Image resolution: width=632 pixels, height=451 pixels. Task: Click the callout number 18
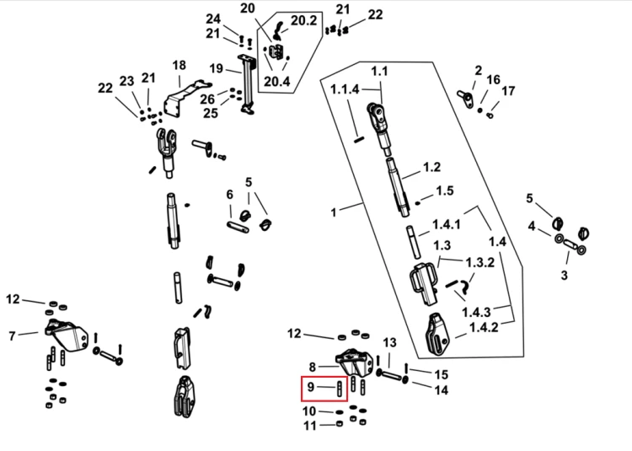(x=179, y=65)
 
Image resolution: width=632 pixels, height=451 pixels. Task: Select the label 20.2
(x=303, y=20)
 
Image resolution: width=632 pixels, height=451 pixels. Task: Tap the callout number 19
(x=216, y=68)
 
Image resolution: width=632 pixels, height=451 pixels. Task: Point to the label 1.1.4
(x=345, y=89)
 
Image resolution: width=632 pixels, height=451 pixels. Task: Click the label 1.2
(x=431, y=167)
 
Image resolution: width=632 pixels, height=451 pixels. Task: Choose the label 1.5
(x=445, y=191)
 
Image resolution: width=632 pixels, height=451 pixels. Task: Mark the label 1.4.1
(x=446, y=224)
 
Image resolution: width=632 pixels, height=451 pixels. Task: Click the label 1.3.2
(x=479, y=262)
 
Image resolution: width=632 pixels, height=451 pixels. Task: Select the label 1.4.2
(x=484, y=327)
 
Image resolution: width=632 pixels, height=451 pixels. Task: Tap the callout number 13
(x=389, y=342)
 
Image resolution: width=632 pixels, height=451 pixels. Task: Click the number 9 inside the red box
(x=310, y=387)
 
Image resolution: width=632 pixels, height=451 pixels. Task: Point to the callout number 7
(x=12, y=336)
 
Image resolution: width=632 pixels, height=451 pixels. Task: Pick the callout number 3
(x=565, y=276)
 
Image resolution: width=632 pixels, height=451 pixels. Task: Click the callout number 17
(x=508, y=91)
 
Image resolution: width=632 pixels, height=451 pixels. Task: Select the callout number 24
(x=213, y=19)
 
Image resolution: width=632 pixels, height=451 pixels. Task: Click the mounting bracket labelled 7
(x=67, y=334)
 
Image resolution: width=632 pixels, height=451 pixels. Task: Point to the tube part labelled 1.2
(x=399, y=187)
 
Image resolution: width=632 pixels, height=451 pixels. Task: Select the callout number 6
(x=229, y=195)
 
